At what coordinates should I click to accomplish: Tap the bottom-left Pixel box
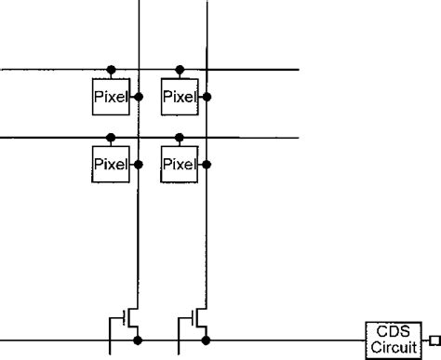pyautogui.click(x=111, y=164)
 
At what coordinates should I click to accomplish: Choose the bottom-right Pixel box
pyautogui.click(x=180, y=164)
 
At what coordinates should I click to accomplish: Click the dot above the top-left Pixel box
pyautogui.click(x=111, y=70)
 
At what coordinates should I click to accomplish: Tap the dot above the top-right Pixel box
pyautogui.click(x=180, y=70)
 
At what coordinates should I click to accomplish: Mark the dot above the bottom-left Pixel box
pyautogui.click(x=111, y=139)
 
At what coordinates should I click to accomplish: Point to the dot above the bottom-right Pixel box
pyautogui.click(x=180, y=139)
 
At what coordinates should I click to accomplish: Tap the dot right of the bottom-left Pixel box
pyautogui.click(x=139, y=164)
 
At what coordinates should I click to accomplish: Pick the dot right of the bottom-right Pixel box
pyautogui.click(x=207, y=164)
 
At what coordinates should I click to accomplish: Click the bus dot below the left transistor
pyautogui.click(x=139, y=340)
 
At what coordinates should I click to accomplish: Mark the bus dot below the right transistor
pyautogui.click(x=207, y=340)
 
